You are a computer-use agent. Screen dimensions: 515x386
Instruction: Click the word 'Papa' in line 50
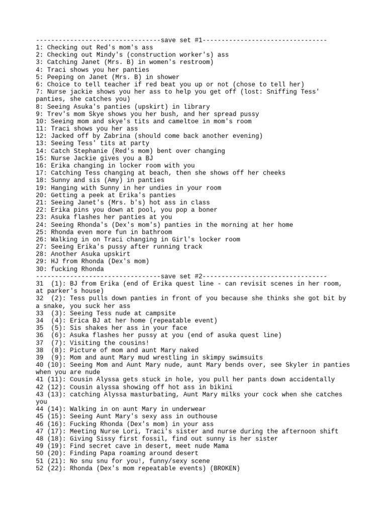point(108,453)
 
